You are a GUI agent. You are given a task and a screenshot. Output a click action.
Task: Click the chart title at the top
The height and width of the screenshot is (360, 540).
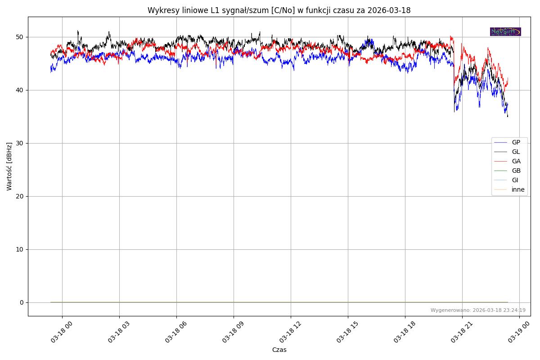coord(279,10)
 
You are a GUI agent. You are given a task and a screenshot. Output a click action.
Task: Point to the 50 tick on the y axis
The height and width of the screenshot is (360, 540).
coord(20,37)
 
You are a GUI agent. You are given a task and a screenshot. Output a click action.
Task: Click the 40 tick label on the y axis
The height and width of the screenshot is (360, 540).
coord(20,90)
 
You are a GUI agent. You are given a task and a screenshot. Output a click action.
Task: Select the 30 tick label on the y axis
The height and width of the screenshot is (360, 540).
coord(20,143)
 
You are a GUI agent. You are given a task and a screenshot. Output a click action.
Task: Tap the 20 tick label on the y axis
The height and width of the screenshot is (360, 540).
coord(20,196)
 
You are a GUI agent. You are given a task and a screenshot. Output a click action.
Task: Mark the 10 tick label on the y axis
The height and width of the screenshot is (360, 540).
coord(20,249)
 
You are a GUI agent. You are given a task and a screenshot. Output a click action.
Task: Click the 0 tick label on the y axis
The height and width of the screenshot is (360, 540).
coord(22,302)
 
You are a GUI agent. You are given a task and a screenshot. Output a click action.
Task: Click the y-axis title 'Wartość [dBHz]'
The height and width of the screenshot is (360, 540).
coord(9,166)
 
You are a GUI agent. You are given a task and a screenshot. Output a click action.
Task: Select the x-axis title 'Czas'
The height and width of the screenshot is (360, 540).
coord(279,350)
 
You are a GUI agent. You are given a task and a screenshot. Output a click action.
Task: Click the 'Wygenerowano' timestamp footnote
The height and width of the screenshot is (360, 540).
coord(478,310)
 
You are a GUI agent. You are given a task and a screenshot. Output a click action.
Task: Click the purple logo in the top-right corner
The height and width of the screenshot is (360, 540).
coord(505,31)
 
